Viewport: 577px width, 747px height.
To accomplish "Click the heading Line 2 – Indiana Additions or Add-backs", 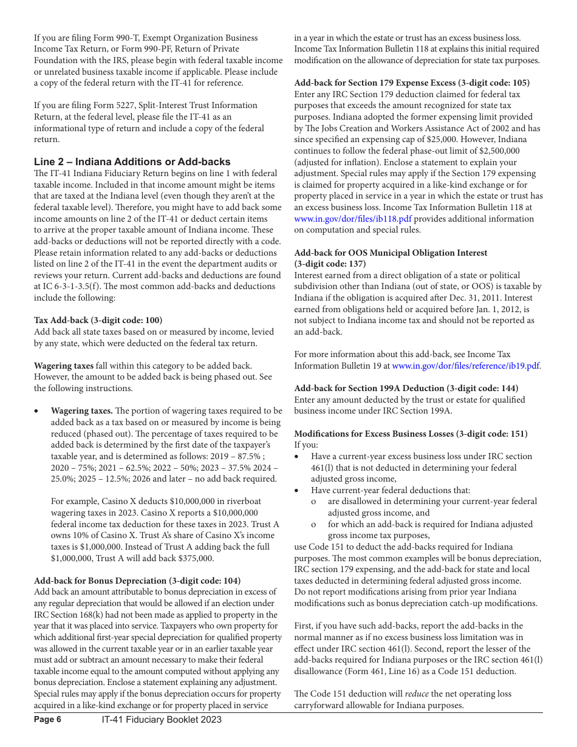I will (x=132, y=162).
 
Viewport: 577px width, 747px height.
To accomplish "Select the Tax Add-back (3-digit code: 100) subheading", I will (x=98, y=320).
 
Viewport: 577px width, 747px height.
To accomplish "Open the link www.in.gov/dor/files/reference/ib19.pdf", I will (x=466, y=366).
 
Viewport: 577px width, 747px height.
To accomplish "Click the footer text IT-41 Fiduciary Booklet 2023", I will (x=162, y=720).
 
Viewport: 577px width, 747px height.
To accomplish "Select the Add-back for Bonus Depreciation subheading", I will (x=137, y=580).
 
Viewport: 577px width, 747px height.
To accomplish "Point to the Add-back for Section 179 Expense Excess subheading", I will (x=411, y=83).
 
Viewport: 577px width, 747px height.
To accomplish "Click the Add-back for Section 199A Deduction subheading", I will (x=406, y=388).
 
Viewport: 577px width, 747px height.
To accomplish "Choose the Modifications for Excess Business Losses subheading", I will (x=411, y=434).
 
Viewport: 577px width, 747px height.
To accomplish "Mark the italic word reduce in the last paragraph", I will (x=417, y=694).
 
